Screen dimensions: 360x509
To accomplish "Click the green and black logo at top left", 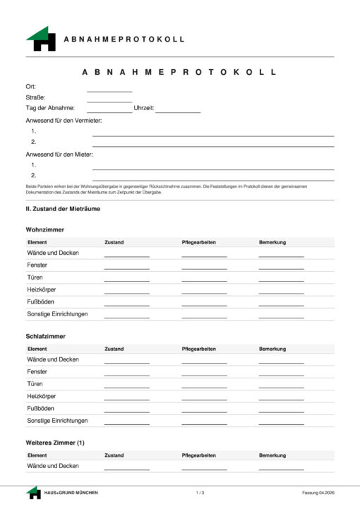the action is coord(41,39).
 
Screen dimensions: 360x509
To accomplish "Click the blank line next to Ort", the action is coord(109,88).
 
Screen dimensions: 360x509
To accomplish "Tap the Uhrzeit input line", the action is coord(178,109).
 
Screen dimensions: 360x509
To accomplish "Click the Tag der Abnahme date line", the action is coord(109,109).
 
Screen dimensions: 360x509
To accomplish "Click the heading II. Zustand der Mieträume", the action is coord(63,209).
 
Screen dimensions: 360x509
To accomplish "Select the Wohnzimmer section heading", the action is coord(45,230).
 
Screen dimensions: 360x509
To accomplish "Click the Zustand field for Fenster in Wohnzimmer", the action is coord(127,266).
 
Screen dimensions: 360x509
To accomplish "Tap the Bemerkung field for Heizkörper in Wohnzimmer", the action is coord(281,291).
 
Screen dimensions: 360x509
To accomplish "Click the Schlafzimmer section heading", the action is coord(46,336).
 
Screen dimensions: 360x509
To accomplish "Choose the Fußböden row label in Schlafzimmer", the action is coord(42,408).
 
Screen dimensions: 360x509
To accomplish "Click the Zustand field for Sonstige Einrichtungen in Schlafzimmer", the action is coord(127,421).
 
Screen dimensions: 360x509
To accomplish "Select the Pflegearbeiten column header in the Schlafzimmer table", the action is coord(198,349).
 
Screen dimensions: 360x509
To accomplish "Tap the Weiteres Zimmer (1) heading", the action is coord(55,443).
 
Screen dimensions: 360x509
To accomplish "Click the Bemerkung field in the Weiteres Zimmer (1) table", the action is coord(281,467).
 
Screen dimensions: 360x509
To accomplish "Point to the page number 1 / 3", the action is coord(200,492).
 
